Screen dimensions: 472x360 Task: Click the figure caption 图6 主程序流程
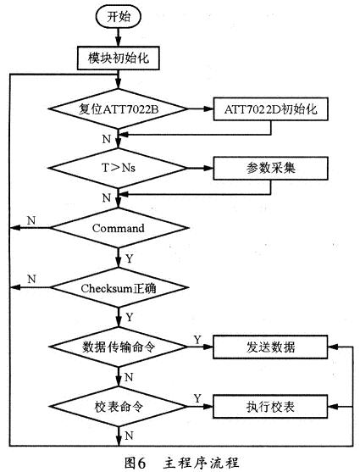(x=179, y=462)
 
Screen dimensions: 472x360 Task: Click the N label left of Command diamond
(x=30, y=219)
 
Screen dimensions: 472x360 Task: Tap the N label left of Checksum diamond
(x=30, y=278)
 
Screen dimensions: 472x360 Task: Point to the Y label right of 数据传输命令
(x=197, y=338)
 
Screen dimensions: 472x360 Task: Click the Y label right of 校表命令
(x=197, y=397)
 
